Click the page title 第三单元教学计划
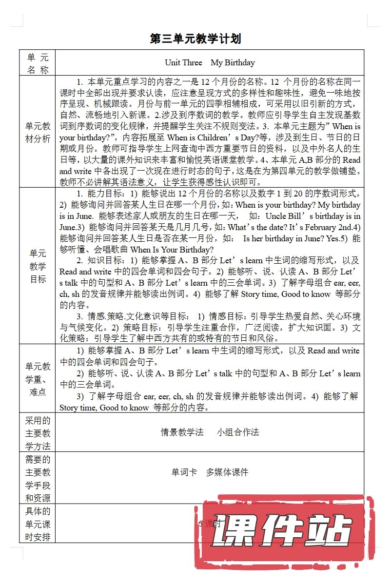coord(195,39)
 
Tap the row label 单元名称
coord(38,63)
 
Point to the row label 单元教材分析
coord(38,132)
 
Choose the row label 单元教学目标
coord(38,266)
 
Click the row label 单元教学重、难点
coord(38,379)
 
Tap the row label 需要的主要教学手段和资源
coord(38,478)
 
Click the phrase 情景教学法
coord(182,432)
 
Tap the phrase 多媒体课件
coord(227,472)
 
